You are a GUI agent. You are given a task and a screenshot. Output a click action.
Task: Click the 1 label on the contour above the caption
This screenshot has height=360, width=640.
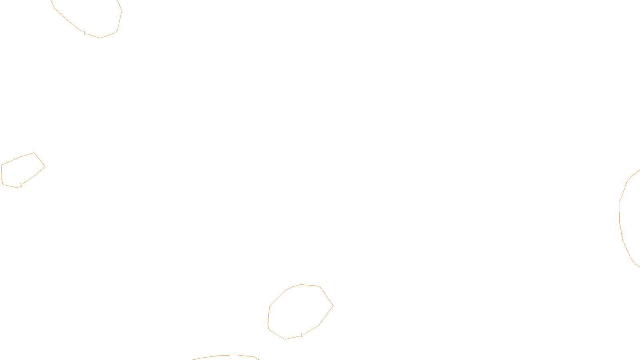(x=301, y=335)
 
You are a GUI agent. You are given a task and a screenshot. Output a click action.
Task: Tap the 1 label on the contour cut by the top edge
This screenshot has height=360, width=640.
(x=84, y=33)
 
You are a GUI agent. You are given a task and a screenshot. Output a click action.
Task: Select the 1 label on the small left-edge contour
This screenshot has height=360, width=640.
(x=21, y=185)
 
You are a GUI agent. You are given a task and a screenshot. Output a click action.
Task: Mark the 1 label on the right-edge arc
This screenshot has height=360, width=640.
(x=620, y=202)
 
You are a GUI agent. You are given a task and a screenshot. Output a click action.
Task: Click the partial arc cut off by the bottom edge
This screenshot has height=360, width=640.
(x=228, y=355)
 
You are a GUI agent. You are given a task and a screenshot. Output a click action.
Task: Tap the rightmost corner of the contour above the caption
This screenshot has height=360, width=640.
(x=333, y=306)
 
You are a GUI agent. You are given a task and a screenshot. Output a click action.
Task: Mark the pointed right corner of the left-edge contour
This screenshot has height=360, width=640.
(x=45, y=167)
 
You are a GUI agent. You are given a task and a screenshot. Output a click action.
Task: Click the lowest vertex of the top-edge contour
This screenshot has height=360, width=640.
(x=100, y=38)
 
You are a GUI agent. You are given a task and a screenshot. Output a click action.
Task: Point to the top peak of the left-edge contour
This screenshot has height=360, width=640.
(x=34, y=152)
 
